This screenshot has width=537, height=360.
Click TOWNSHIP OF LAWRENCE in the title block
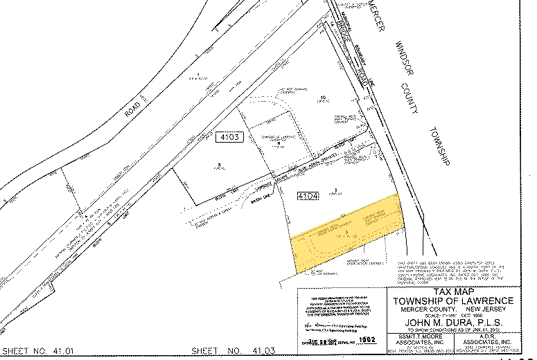pos(453,300)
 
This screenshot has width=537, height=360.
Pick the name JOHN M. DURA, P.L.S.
pos(453,322)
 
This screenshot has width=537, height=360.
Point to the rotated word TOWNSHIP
pos(438,147)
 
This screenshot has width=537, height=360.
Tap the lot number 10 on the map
pos(323,97)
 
